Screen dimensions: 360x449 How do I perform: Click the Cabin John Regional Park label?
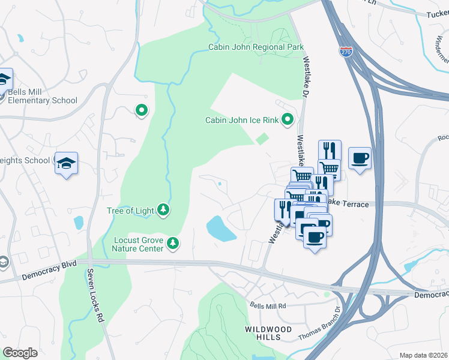coord(256,47)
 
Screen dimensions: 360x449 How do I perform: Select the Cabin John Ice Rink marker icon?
coord(288,120)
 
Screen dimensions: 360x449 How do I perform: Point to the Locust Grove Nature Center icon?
coord(173,242)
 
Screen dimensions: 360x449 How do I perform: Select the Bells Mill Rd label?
coord(269,305)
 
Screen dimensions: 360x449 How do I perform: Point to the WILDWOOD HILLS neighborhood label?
coord(268,334)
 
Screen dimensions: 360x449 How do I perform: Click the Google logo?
coord(20,353)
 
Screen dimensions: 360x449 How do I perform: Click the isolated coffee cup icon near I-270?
coord(360,158)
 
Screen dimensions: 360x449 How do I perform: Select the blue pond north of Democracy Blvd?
coord(221,229)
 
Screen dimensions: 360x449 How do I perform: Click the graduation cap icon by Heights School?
coord(66,163)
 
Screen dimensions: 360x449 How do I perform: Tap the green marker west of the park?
coord(142,110)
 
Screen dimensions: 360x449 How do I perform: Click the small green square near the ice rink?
coord(262,139)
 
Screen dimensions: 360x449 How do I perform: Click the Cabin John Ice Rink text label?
coord(242,120)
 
